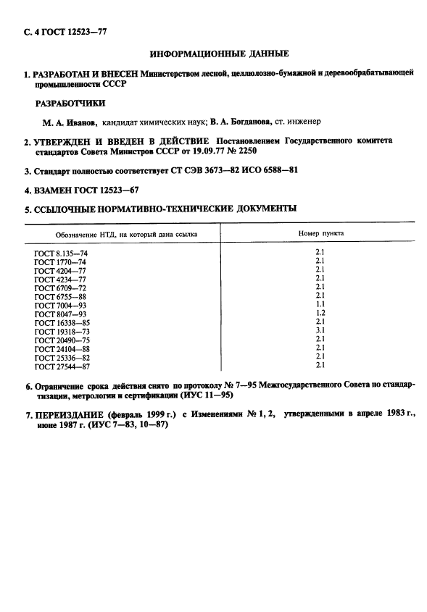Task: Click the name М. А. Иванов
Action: click(x=70, y=122)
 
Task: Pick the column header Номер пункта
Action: click(x=321, y=234)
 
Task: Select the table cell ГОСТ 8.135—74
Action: click(x=60, y=253)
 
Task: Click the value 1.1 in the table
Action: click(x=320, y=304)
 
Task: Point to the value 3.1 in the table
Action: click(x=320, y=330)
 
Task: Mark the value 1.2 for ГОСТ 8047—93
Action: click(x=320, y=313)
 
